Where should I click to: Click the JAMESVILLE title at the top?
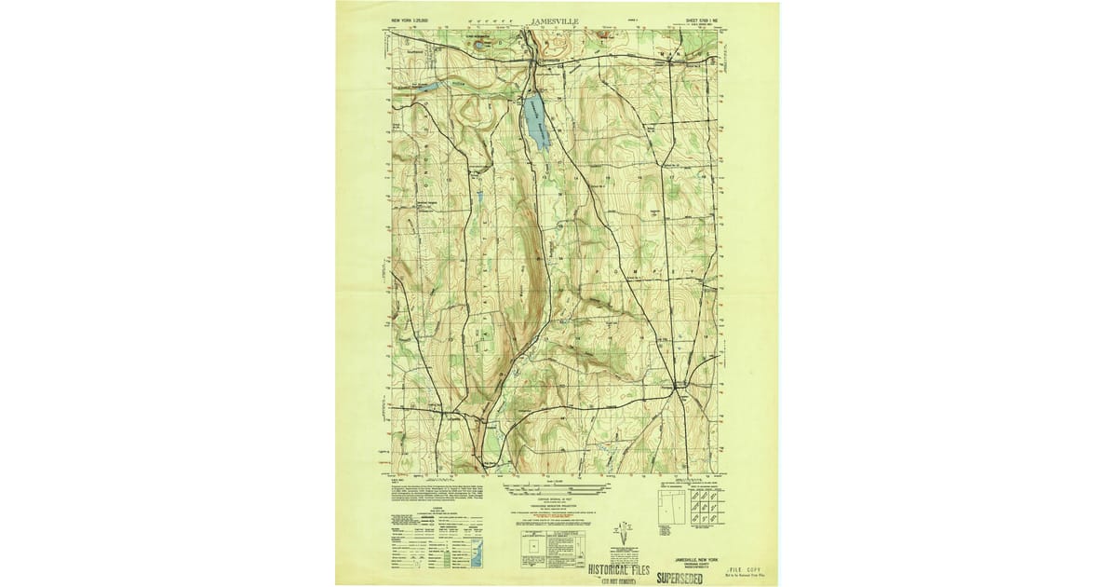tap(557, 19)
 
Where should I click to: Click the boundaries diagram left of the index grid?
tap(672, 507)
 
